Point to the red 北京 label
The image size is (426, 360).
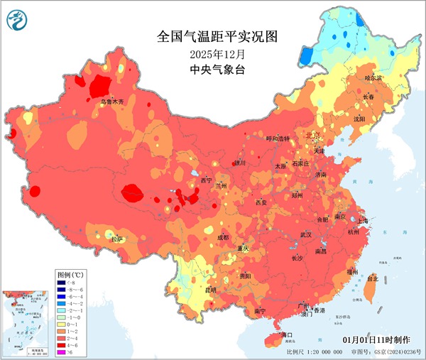pyautogui.click(x=312, y=135)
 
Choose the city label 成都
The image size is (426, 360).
pyautogui.click(x=223, y=236)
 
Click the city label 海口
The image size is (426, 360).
pyautogui.click(x=287, y=334)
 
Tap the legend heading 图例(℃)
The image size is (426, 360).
pyautogui.click(x=71, y=273)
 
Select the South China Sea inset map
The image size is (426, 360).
pyautogui.click(x=26, y=320)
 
